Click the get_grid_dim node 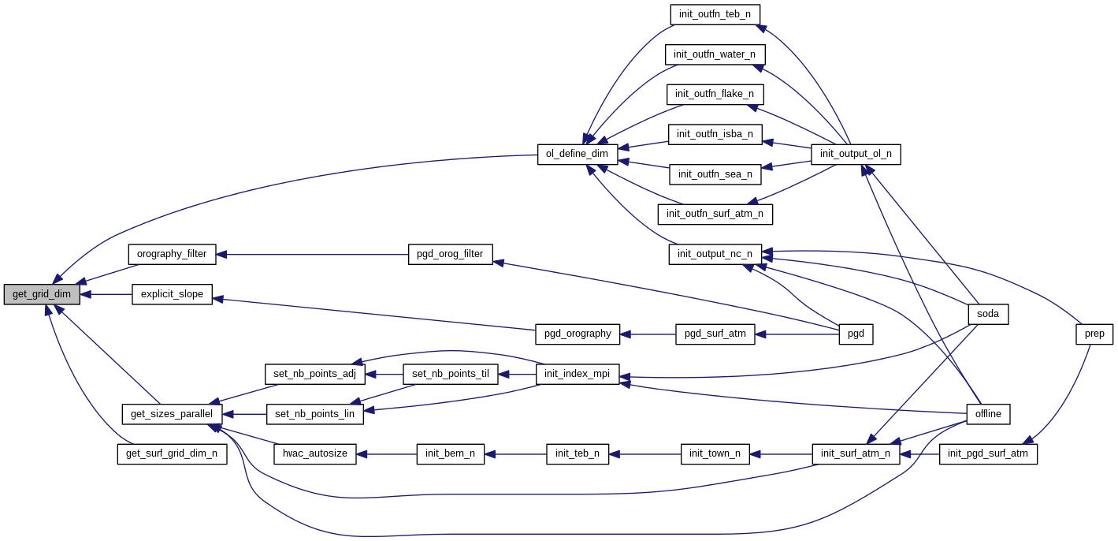point(42,294)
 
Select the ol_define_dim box point(577,154)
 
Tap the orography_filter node point(172,254)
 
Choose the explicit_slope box point(172,294)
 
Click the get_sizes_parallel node point(172,413)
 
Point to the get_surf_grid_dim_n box point(172,453)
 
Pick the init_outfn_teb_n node point(715,14)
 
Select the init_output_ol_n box point(856,154)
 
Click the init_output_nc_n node point(715,254)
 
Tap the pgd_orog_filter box point(450,254)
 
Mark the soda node point(988,314)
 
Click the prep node point(1094,334)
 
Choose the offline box point(988,413)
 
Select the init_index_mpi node point(578,374)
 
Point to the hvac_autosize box point(315,453)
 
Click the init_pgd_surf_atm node point(988,453)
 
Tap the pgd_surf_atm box point(715,334)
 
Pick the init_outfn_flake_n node point(715,94)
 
